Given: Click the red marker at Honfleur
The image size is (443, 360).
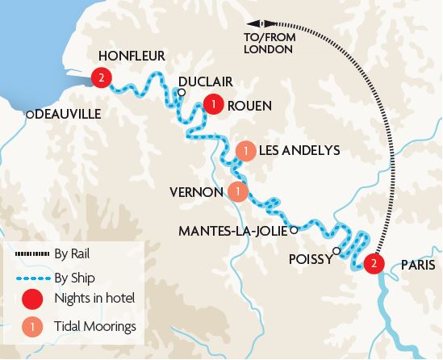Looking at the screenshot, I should tap(101, 78).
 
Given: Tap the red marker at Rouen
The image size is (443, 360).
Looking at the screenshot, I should tap(213, 105).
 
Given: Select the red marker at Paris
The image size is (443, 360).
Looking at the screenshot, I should tap(373, 263).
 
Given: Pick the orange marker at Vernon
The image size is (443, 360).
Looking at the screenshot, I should tap(237, 192).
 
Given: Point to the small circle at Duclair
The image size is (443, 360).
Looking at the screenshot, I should tap(182, 93).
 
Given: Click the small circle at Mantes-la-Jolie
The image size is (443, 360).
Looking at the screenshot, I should tap(295, 230).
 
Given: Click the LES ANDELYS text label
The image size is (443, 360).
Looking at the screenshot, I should tap(299, 151).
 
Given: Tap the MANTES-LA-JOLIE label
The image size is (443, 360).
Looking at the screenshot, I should tap(233, 231).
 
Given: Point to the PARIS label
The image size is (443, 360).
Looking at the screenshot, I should tap(416, 264).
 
